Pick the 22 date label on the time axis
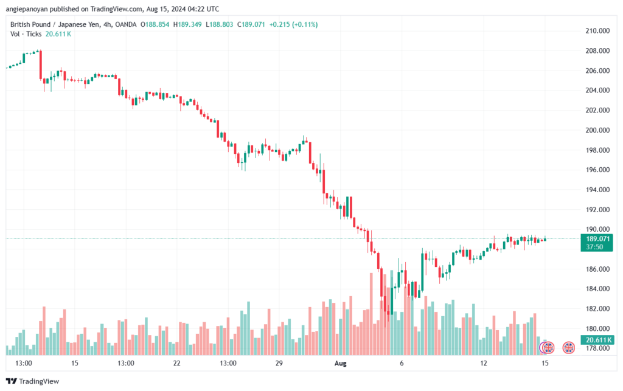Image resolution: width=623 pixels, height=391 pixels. pyautogui.click(x=177, y=363)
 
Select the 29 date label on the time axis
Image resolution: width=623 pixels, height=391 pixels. pyautogui.click(x=280, y=363)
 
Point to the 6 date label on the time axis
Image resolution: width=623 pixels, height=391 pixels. pyautogui.click(x=402, y=363)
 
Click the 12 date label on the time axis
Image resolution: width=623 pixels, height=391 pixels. pyautogui.click(x=484, y=363)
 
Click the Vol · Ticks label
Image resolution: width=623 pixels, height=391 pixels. pyautogui.click(x=26, y=34)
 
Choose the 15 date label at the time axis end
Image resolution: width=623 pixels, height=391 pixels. pyautogui.click(x=545, y=363)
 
